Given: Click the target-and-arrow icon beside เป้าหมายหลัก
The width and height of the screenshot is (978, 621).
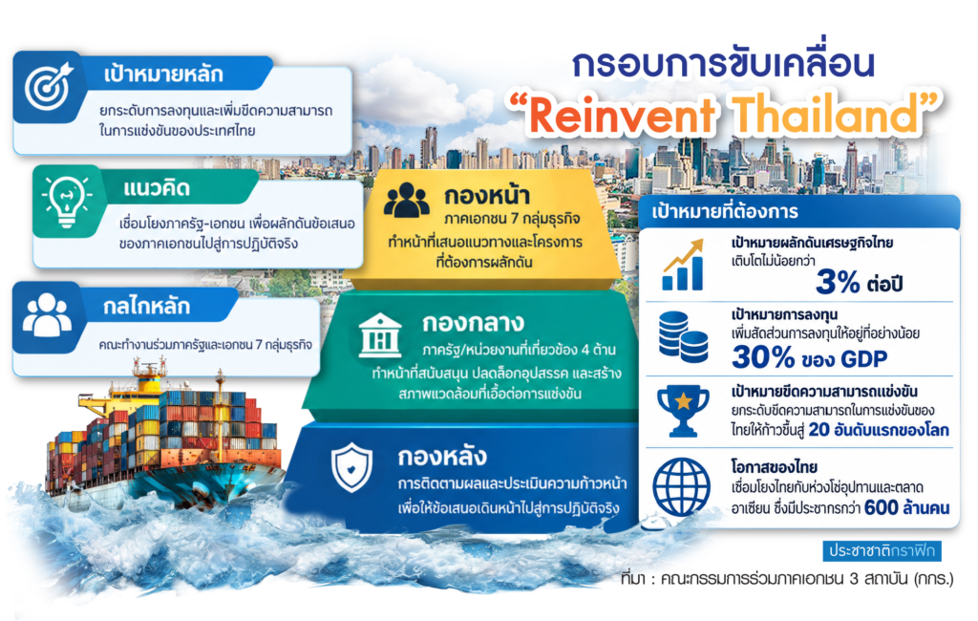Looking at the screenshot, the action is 49,85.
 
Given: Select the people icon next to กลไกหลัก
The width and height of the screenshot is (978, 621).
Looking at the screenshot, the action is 47,315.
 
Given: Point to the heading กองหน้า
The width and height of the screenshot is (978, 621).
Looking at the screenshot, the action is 487,196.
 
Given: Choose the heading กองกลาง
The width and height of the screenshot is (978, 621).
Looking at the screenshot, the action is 474,323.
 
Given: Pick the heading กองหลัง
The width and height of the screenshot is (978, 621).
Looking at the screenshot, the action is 442,457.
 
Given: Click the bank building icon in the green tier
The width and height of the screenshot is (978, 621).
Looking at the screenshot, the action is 380,335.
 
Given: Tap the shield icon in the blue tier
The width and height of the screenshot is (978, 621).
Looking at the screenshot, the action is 351,467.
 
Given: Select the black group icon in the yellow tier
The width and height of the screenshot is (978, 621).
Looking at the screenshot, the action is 407,201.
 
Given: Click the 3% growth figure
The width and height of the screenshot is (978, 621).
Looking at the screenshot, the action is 839,282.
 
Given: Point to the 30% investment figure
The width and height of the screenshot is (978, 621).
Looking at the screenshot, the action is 763,357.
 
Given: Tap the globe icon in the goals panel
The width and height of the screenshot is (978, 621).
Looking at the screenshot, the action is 681,487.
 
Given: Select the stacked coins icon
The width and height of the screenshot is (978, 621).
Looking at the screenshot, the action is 683,337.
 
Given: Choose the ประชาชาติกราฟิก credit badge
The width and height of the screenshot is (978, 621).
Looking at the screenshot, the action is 882,550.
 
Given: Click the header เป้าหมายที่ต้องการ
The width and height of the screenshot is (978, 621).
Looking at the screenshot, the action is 725,211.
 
